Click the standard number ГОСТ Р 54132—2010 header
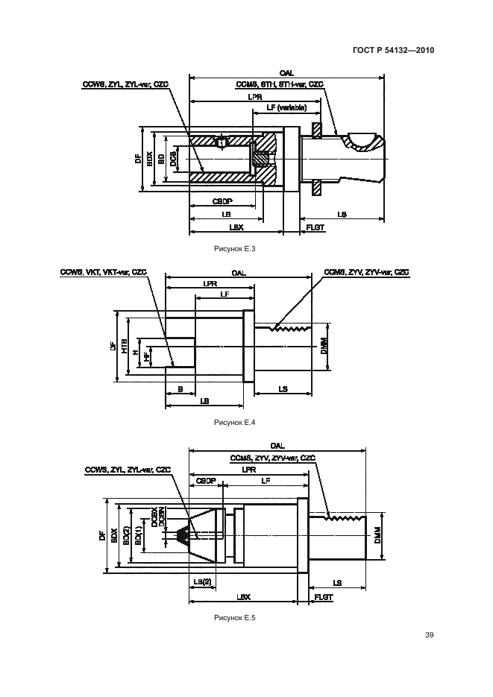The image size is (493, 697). pos(393,51)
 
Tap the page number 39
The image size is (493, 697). pos(429,635)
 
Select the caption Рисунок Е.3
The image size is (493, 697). pos(234,249)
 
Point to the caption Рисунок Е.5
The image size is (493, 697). pos(234,618)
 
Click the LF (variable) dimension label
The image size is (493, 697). pos(286,107)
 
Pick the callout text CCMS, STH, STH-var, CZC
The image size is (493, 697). pos(279,84)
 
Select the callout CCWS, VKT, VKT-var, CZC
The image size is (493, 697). pos(104,273)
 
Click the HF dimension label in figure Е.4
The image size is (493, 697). pos(147,357)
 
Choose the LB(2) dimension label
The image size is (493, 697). pos(202,581)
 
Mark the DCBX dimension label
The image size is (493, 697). pos(152,517)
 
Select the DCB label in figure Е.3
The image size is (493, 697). pos(172,158)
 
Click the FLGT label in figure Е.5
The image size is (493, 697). pos(323,597)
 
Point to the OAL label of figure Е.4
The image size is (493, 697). pos(239,273)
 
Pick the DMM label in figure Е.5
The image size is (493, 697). pos(377,536)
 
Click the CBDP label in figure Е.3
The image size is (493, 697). pos(223,201)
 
